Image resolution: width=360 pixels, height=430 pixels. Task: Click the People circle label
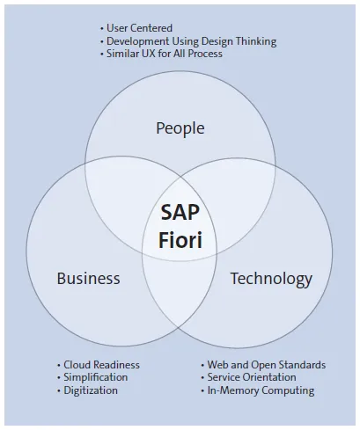180,128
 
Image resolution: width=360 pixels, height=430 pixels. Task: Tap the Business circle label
88,279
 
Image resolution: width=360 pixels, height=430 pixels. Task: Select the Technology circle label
271,279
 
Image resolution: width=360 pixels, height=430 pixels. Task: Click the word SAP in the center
180,212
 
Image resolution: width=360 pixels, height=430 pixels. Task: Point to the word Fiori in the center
180,237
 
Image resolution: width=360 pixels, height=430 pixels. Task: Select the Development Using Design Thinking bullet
191,40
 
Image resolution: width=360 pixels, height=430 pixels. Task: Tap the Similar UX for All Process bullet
164,53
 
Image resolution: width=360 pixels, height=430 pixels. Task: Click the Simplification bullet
95,377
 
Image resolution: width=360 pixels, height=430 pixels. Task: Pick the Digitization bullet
90,390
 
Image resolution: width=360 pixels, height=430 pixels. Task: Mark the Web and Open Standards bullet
265,365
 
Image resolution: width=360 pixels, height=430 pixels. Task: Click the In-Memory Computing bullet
260,390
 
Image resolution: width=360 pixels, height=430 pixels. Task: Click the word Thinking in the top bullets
253,40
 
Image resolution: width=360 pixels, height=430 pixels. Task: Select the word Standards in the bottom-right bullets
299,365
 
